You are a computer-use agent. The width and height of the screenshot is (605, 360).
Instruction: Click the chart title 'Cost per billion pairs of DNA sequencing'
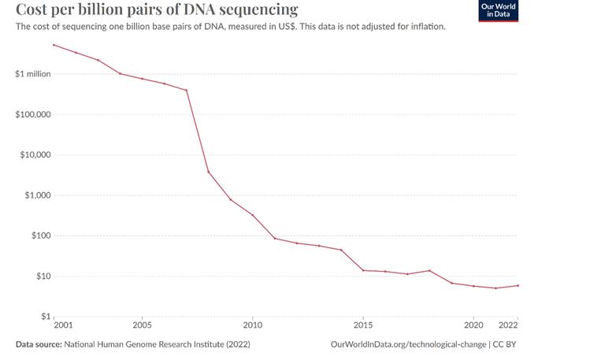(x=157, y=10)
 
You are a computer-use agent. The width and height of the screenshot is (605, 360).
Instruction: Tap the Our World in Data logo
(x=498, y=10)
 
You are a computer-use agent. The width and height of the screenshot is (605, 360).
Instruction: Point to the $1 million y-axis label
(x=32, y=74)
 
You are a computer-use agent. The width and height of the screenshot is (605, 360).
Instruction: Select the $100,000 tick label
(x=32, y=114)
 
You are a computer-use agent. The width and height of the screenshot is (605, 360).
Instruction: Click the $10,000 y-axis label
(x=35, y=154)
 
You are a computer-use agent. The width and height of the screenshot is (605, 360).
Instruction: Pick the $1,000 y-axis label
(x=37, y=195)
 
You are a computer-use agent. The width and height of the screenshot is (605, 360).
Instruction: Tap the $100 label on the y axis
(x=39, y=236)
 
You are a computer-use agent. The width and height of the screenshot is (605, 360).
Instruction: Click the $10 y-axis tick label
(x=42, y=276)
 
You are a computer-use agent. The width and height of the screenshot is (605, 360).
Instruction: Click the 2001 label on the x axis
(x=64, y=325)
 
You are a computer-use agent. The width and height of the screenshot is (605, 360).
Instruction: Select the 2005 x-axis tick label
(x=142, y=325)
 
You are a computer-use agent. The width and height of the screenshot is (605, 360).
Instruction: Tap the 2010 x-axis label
(x=252, y=325)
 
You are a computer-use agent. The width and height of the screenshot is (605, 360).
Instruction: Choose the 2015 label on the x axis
(x=363, y=325)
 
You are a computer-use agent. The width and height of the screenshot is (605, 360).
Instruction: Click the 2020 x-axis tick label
(x=473, y=325)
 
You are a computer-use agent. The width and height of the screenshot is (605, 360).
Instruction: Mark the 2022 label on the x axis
(x=508, y=325)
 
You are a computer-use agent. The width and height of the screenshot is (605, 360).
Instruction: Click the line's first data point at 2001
(x=54, y=45)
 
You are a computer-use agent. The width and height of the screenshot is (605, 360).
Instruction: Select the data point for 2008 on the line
(x=209, y=172)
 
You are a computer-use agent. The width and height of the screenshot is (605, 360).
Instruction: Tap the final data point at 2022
(x=518, y=285)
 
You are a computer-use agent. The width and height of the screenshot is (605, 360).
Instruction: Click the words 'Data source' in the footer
(x=38, y=344)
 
